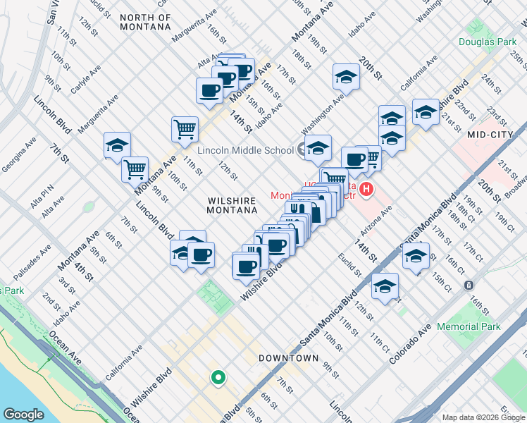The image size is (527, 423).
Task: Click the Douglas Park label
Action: [x=488, y=42]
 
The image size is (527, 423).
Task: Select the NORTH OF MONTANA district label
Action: [x=145, y=22]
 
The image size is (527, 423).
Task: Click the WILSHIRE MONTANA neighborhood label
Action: [x=232, y=205]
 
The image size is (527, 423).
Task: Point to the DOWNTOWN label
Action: [x=288, y=358]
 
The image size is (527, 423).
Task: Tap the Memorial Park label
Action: [x=469, y=326]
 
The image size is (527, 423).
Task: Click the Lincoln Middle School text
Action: [x=245, y=150]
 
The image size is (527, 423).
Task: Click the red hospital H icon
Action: [x=366, y=189]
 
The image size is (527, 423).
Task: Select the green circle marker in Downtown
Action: [x=218, y=379]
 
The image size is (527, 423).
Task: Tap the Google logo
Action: [x=23, y=415]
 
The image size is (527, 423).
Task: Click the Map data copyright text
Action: [x=483, y=417]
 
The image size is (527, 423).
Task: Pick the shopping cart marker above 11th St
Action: [x=184, y=128]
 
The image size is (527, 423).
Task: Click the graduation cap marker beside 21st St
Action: [x=426, y=111]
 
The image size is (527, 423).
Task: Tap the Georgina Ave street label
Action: [x=20, y=154]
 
